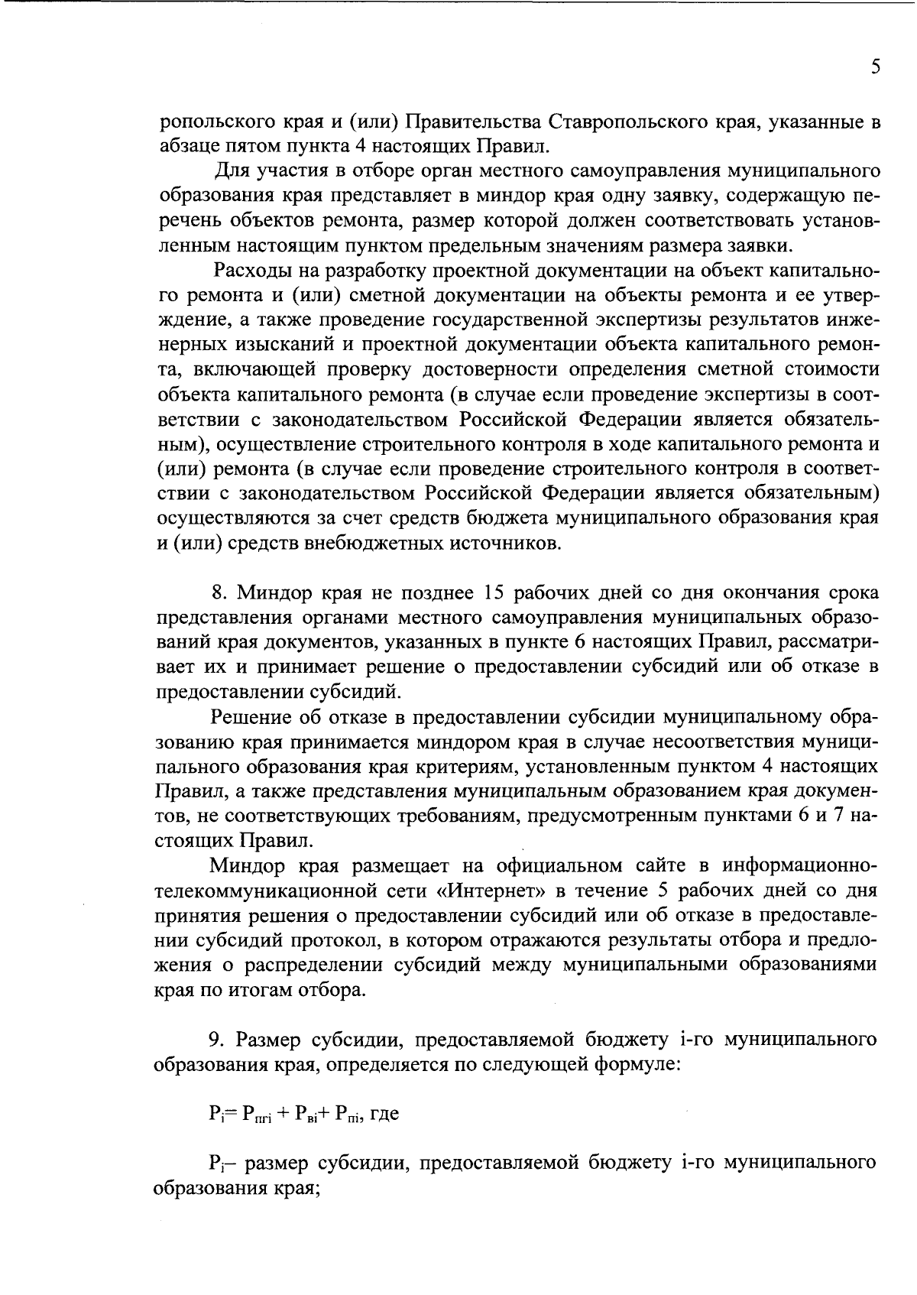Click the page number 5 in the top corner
(x=876, y=67)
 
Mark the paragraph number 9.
(x=219, y=1040)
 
